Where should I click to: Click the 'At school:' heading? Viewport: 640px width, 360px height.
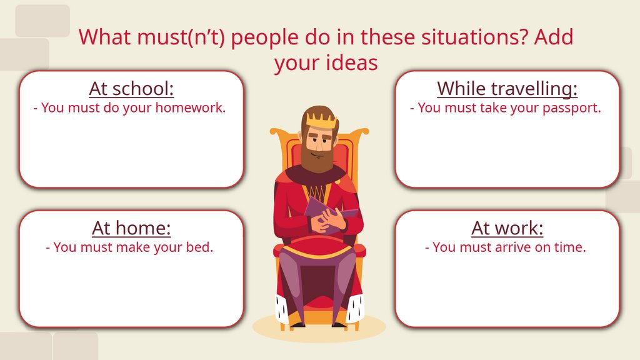pyautogui.click(x=131, y=89)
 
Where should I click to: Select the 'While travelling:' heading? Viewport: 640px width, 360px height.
pyautogui.click(x=507, y=89)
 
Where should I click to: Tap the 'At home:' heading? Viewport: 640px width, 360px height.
pyautogui.click(x=131, y=228)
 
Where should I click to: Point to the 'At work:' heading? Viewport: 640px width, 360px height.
pyautogui.click(x=507, y=228)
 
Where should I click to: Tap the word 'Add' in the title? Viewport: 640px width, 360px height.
pyautogui.click(x=552, y=37)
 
